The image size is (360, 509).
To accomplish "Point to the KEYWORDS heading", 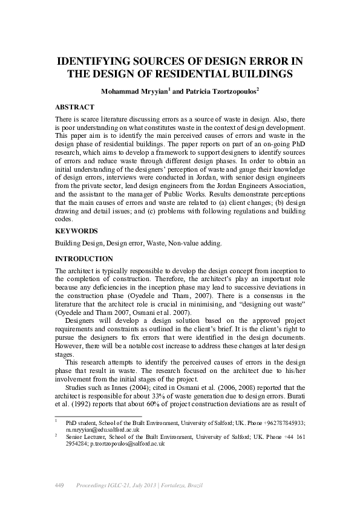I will coord(75,230).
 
